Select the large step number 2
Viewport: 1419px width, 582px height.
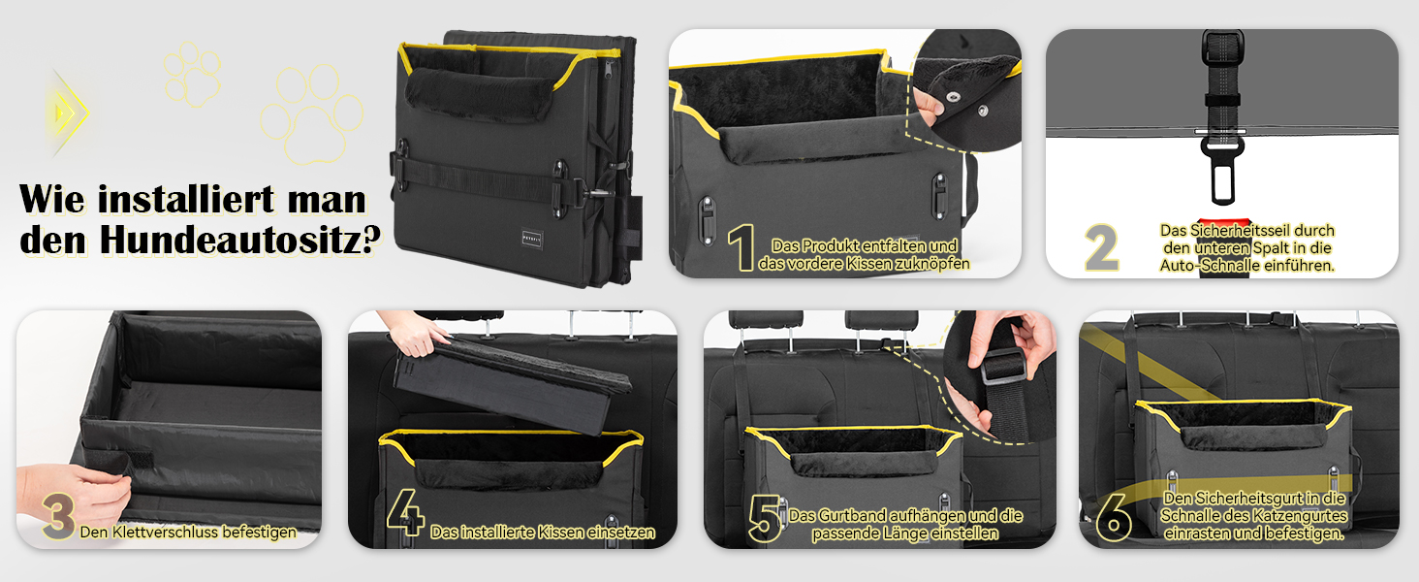click(1102, 247)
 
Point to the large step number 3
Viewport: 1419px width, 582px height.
click(59, 516)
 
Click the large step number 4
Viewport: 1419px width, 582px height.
click(405, 512)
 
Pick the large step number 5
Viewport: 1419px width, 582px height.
click(766, 518)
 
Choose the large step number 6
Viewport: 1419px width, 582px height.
click(1114, 517)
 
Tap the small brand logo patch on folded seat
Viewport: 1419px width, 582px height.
click(532, 238)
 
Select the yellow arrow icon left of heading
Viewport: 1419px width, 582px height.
click(69, 113)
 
